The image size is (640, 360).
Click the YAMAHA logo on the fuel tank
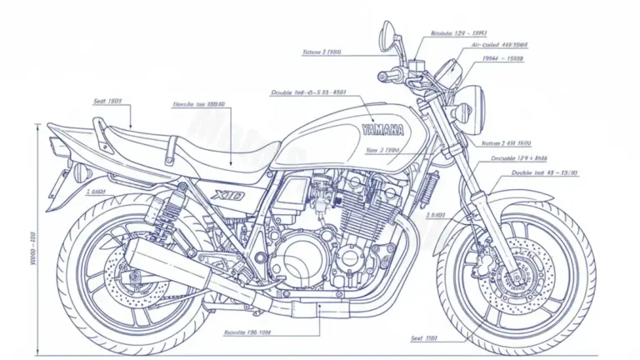[x=382, y=130]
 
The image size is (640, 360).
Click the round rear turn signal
[x=80, y=173]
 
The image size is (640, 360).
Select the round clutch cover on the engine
[x=297, y=251]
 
